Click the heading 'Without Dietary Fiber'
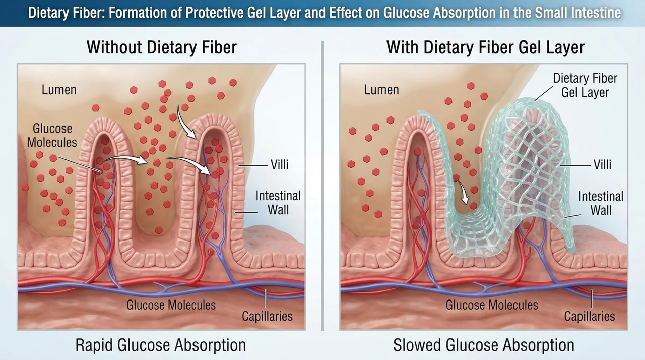(x=162, y=47)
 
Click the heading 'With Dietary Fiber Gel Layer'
(x=485, y=47)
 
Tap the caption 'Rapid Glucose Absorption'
(x=161, y=345)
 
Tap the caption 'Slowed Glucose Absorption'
(x=484, y=345)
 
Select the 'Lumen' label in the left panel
(x=59, y=90)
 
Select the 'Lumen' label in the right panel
(x=381, y=90)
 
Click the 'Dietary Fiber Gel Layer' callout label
(x=585, y=85)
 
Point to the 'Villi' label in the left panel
(x=279, y=165)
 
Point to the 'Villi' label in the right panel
(x=602, y=165)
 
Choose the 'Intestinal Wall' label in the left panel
(x=278, y=203)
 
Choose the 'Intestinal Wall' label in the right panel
(x=601, y=203)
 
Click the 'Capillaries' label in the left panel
(x=267, y=316)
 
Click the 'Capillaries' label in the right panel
(x=590, y=316)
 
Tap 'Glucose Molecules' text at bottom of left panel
(x=171, y=305)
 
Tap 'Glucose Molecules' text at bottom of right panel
(x=492, y=305)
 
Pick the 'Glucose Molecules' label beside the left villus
(x=52, y=135)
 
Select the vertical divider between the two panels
(x=322, y=186)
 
